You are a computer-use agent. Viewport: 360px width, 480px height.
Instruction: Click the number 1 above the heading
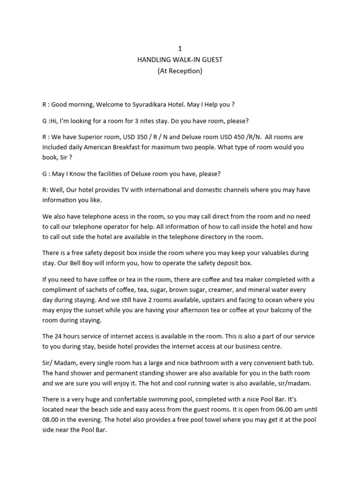(x=180, y=49)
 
